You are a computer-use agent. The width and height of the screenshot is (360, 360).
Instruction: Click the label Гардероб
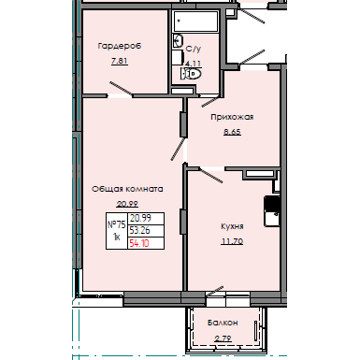coord(119,45)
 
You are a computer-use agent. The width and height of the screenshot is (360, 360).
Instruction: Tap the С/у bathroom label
coord(194,49)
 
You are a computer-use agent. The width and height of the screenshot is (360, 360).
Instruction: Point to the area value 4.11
coord(194,65)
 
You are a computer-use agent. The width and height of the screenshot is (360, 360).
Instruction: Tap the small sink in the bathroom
coord(176,39)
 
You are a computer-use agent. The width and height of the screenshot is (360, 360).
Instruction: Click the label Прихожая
coord(232,118)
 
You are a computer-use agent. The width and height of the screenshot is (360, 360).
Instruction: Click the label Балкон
coord(223,322)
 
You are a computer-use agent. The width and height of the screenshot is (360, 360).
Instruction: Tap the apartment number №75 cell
coord(117,224)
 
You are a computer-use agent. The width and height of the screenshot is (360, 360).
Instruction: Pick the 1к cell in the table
coord(117,238)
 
